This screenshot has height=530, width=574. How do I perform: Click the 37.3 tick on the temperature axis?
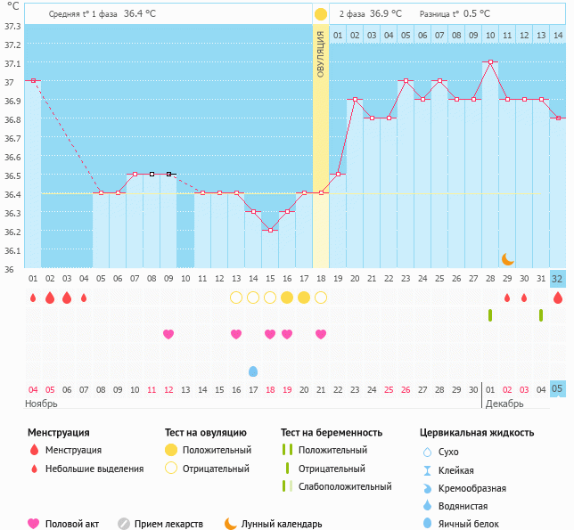tap(12, 26)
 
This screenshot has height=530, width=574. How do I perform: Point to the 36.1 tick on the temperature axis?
tap(12, 250)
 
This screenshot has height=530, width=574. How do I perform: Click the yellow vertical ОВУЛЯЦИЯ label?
tap(321, 53)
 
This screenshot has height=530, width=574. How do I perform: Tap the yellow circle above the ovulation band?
tap(321, 14)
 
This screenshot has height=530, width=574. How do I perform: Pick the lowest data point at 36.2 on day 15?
tap(270, 230)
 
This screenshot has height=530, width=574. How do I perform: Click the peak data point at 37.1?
tap(490, 62)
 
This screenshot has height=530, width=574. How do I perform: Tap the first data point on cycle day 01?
tap(33, 80)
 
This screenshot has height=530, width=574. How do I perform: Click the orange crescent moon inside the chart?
tap(507, 258)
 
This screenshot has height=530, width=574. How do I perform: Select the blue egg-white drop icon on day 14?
tap(253, 371)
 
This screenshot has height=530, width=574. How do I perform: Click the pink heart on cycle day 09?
tap(168, 334)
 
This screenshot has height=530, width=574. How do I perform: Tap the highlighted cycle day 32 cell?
tap(558, 278)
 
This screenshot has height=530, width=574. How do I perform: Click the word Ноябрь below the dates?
tap(41, 404)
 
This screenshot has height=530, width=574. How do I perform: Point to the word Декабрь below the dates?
tap(505, 404)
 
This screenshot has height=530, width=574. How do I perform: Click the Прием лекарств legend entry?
tap(168, 524)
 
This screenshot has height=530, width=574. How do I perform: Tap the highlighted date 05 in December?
tap(558, 389)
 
